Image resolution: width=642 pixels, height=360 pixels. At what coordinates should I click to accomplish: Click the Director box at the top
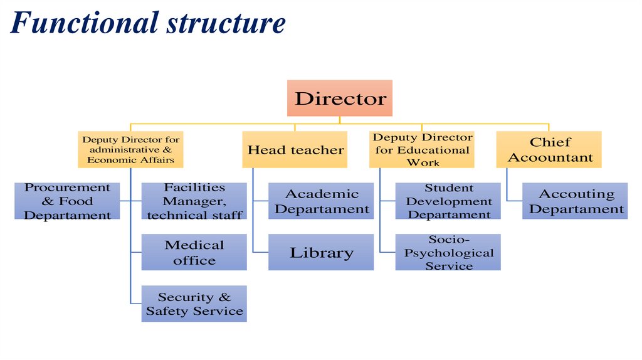click(x=340, y=98)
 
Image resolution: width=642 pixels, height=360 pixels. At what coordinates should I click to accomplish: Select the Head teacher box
click(x=295, y=149)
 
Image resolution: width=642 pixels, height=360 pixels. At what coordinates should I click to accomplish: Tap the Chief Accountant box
click(x=549, y=149)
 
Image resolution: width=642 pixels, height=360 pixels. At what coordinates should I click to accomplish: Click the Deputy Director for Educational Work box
click(x=422, y=149)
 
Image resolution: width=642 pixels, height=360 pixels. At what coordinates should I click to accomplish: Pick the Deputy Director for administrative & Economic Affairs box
click(x=130, y=149)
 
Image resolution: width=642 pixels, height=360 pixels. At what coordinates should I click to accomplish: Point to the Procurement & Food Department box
click(x=67, y=201)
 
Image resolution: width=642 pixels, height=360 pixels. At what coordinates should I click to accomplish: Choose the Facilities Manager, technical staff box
click(x=194, y=201)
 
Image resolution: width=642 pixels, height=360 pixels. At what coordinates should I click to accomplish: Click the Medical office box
click(x=194, y=252)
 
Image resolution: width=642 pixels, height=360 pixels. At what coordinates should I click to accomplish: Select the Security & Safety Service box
click(x=194, y=304)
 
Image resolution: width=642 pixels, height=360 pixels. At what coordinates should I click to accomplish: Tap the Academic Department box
click(x=321, y=201)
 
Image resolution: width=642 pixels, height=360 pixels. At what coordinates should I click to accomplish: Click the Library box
click(x=321, y=252)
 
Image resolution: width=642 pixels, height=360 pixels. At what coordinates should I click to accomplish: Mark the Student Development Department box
click(x=448, y=201)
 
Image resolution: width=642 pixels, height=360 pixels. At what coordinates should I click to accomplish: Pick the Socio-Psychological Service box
click(x=448, y=252)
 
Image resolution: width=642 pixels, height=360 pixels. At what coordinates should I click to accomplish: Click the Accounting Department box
click(x=575, y=201)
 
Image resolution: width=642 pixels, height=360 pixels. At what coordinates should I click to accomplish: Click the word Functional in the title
click(x=84, y=23)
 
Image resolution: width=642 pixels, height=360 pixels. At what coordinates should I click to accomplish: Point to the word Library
click(x=321, y=253)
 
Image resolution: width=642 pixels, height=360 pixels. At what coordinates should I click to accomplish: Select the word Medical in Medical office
click(x=194, y=245)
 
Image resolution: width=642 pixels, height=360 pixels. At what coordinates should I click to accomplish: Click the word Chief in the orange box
click(x=550, y=142)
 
